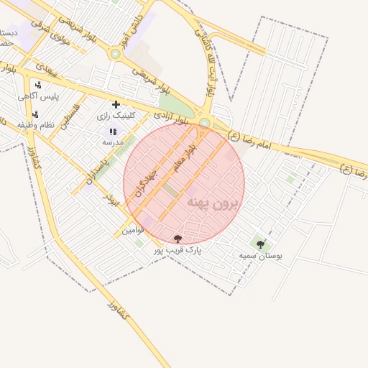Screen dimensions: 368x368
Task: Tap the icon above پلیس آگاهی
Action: (x=37, y=85)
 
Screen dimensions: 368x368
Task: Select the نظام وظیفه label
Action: (x=37, y=124)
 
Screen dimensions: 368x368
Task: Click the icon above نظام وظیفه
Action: (x=35, y=114)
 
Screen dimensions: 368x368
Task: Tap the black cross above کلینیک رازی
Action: (x=116, y=104)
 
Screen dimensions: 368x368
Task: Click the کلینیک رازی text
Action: (x=114, y=116)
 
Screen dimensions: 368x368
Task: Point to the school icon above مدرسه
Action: (x=113, y=132)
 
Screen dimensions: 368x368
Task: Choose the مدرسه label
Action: (x=113, y=142)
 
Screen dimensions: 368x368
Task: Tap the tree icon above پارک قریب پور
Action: (x=178, y=239)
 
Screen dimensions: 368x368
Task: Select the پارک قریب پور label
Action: (x=178, y=250)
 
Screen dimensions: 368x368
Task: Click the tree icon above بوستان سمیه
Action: (x=260, y=244)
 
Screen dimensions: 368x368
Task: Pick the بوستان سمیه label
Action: (x=261, y=255)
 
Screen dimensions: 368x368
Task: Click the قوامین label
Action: (x=133, y=230)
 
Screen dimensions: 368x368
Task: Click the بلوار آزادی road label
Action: (x=170, y=118)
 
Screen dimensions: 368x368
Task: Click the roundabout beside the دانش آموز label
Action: (x=115, y=53)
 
